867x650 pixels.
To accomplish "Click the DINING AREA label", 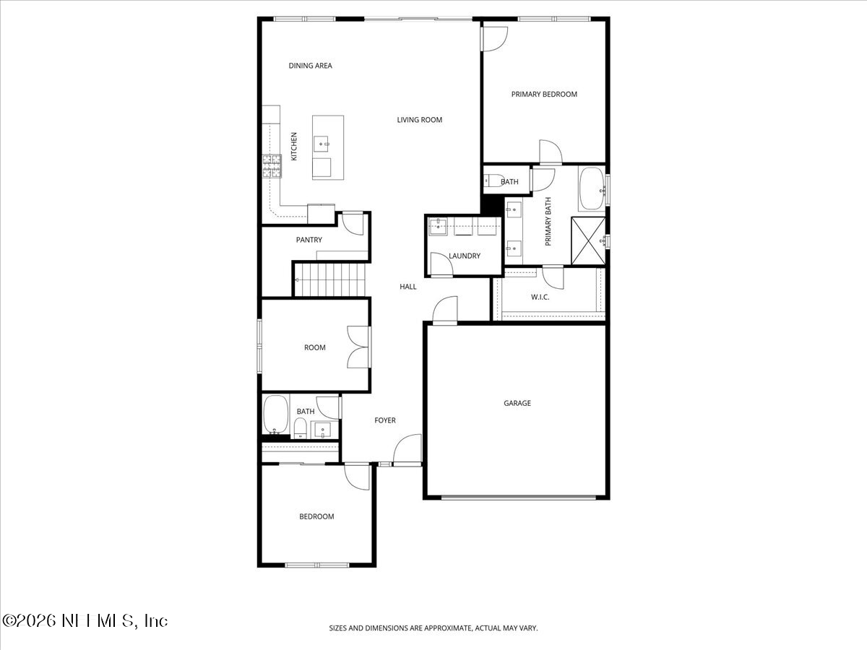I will [310, 66].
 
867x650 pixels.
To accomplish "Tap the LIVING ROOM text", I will [419, 120].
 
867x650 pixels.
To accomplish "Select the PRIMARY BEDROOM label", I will [544, 94].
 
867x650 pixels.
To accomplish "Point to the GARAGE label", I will [517, 403].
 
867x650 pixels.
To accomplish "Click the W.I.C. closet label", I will [540, 296].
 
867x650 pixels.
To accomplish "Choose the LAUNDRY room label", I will [464, 256].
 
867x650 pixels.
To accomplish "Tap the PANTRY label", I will [309, 240].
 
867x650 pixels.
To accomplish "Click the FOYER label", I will [384, 420].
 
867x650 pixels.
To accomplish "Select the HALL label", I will [408, 287].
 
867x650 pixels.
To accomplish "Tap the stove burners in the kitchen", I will [272, 166].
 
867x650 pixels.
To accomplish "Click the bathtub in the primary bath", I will [591, 189].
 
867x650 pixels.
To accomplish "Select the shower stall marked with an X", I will [588, 240].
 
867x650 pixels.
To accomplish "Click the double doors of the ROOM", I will [359, 348].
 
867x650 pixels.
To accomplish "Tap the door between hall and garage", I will [445, 310].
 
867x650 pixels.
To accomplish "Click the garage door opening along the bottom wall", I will [519, 497].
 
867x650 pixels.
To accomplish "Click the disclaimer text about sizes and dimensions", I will [433, 628].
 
